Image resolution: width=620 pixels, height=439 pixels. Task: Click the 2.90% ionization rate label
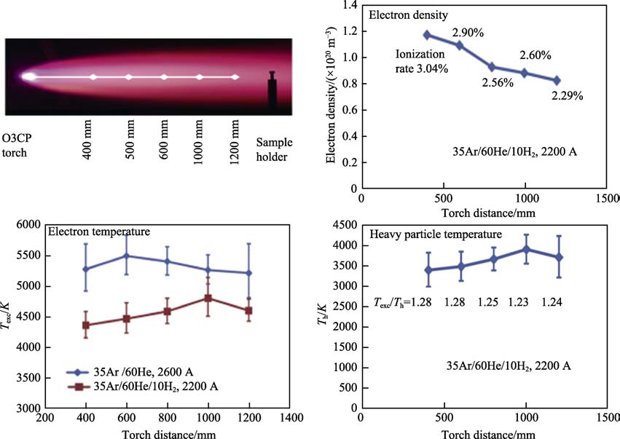(x=466, y=33)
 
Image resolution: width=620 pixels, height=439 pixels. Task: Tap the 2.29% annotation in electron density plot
(x=568, y=95)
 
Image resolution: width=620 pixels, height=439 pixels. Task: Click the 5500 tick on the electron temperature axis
(x=28, y=256)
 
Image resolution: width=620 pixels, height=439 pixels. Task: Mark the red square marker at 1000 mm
(x=208, y=298)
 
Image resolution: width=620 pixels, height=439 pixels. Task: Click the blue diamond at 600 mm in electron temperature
(x=127, y=256)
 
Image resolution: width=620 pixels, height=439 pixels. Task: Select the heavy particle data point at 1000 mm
(x=525, y=250)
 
